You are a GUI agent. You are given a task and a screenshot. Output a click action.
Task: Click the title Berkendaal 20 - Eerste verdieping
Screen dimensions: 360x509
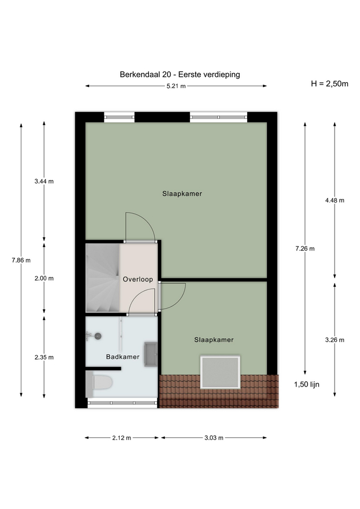(180, 75)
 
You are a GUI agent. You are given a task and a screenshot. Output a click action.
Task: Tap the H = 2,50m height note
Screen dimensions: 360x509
(329, 84)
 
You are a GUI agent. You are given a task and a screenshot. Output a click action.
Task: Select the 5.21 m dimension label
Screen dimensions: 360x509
(176, 86)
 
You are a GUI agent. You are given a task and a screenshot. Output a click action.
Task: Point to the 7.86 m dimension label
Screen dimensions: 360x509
(21, 260)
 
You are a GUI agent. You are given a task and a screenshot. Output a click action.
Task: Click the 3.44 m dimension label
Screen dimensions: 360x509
(44, 181)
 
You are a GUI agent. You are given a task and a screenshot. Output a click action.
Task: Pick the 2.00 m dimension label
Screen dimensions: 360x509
(44, 278)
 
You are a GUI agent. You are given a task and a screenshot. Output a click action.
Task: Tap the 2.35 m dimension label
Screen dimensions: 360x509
(44, 357)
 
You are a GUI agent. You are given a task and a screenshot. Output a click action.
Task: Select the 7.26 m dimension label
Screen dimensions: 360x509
(305, 249)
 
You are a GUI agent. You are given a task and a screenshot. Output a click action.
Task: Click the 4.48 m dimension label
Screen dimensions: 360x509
(335, 200)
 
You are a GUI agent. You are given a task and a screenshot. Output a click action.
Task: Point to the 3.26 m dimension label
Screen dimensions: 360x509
(335, 340)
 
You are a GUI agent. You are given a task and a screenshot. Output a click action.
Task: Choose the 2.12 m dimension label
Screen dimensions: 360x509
(122, 438)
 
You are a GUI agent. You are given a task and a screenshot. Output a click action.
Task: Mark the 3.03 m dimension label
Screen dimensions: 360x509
(214, 438)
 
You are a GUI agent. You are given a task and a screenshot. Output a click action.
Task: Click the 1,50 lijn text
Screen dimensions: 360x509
(307, 384)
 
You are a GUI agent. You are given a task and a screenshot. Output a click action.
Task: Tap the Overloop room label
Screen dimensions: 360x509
(138, 279)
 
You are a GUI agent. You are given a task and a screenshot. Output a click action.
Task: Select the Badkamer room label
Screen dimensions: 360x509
(122, 357)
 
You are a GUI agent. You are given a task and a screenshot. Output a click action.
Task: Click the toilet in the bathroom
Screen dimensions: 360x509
(99, 383)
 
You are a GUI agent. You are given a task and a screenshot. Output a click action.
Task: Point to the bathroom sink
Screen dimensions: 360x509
(151, 354)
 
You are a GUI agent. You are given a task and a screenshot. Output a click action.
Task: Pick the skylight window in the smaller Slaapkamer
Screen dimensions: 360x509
(221, 372)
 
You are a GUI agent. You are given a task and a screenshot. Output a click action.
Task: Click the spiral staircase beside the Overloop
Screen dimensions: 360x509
(102, 278)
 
